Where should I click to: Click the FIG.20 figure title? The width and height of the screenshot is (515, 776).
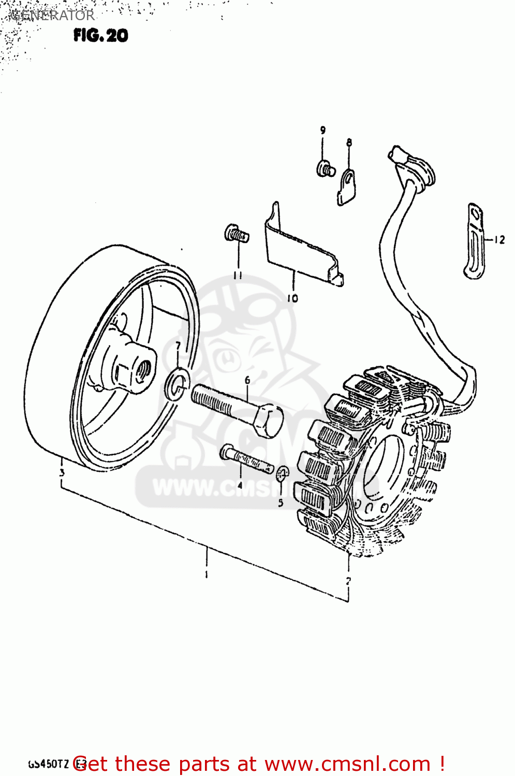[100, 35]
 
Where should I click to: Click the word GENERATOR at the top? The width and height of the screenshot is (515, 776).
[52, 16]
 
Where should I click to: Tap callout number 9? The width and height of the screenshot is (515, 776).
[323, 130]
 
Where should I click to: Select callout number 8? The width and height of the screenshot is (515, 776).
[349, 142]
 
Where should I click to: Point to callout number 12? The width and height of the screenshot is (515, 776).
[499, 240]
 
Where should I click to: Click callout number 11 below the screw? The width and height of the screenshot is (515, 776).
[238, 275]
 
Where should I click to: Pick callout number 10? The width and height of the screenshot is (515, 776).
[292, 298]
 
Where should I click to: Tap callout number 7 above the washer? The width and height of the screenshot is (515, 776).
[178, 346]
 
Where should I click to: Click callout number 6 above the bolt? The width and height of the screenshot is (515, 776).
[247, 380]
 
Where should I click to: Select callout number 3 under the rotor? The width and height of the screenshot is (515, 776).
[62, 472]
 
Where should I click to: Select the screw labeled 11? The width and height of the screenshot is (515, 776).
[236, 234]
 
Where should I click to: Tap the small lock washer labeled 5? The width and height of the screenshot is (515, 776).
[282, 472]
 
